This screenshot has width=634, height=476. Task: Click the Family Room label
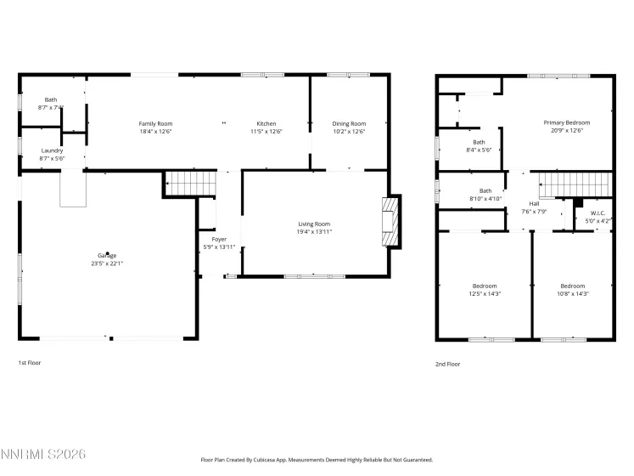(x=155, y=124)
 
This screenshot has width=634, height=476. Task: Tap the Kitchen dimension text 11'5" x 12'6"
(x=266, y=132)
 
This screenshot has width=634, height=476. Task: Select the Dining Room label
(x=348, y=124)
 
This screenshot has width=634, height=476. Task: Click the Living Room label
(x=313, y=224)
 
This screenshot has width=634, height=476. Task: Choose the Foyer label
(x=207, y=240)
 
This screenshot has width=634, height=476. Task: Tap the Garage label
(x=106, y=255)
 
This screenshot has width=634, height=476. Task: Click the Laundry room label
(x=52, y=150)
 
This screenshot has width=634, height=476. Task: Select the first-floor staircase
(x=179, y=182)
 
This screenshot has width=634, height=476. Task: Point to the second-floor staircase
(x=575, y=183)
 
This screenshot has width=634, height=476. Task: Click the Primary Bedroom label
(x=566, y=122)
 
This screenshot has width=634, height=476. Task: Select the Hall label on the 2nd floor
(x=534, y=204)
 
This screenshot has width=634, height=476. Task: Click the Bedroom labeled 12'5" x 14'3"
(x=485, y=286)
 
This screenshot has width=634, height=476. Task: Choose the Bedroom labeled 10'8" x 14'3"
(x=572, y=286)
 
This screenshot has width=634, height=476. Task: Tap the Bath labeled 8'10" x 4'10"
(x=485, y=191)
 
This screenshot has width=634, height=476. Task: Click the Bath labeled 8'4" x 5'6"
(x=479, y=142)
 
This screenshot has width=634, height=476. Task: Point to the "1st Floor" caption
(x=30, y=363)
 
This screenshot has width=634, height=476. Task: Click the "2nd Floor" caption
(x=447, y=364)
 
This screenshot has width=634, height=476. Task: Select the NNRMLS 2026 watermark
(x=43, y=456)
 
